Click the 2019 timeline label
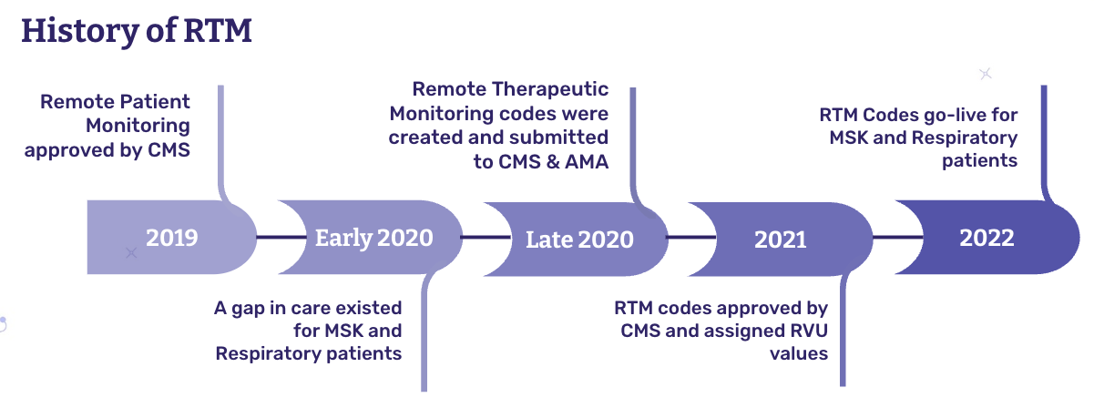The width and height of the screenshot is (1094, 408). click(x=171, y=238)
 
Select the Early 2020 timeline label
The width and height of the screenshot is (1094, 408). click(x=373, y=238)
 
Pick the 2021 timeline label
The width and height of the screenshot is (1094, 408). click(x=781, y=240)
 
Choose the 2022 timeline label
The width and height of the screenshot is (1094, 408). click(x=987, y=238)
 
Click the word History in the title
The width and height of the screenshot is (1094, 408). click(x=75, y=30)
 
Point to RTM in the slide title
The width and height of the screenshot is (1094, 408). click(x=216, y=30)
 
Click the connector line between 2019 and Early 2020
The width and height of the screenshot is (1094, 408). click(x=268, y=237)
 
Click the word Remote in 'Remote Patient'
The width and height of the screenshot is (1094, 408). click(x=74, y=101)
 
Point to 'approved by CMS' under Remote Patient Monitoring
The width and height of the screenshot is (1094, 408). click(x=107, y=149)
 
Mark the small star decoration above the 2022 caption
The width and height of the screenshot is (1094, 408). click(x=985, y=74)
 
